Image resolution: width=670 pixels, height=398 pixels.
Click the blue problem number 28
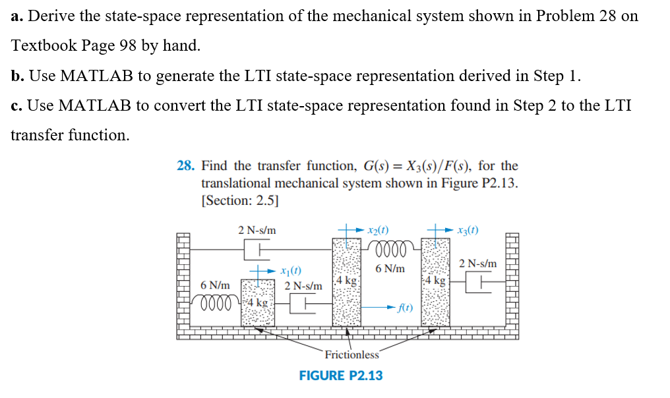click(x=186, y=166)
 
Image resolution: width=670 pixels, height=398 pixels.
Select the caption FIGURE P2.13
click(x=340, y=376)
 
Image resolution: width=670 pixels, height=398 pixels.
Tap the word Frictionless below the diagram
click(x=351, y=355)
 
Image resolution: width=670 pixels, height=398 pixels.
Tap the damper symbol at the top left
click(x=257, y=250)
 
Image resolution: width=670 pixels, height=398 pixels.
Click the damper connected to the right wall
click(x=479, y=282)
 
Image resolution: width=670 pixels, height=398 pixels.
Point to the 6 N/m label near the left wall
click(x=215, y=285)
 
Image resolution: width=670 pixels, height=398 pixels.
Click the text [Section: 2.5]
click(x=239, y=201)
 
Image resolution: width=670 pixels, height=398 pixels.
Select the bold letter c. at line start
click(x=17, y=105)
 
